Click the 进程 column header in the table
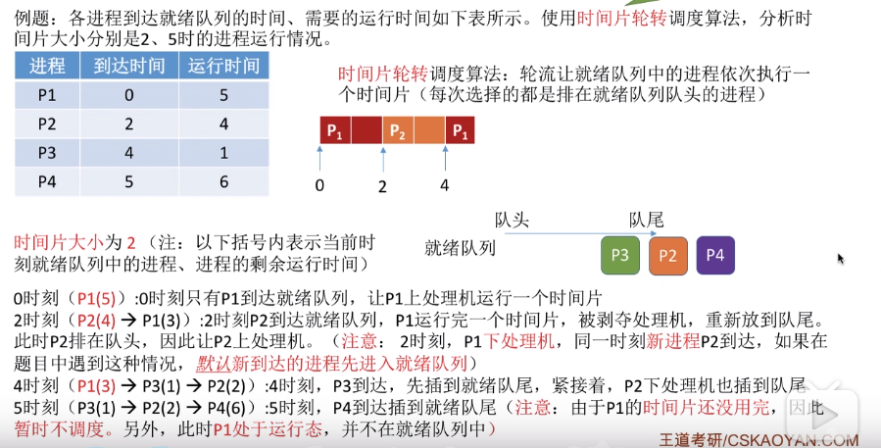coord(47,66)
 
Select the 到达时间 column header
coord(128,66)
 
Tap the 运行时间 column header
coord(223,66)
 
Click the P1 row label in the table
coord(47,95)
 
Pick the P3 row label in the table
coord(47,152)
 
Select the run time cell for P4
coord(223,180)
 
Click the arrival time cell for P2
coord(128,124)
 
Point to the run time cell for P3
coord(223,152)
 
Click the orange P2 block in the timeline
coord(397,130)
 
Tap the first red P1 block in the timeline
coord(335,130)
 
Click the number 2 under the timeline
coord(383,185)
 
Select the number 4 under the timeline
coord(445,185)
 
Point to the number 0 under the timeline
coord(319,185)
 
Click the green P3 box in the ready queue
coord(619,255)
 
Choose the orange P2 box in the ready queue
coord(667,255)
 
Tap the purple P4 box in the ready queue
coord(715,255)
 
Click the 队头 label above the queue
coord(512,220)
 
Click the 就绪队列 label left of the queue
coord(460,248)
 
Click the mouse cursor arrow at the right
coord(841,259)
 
